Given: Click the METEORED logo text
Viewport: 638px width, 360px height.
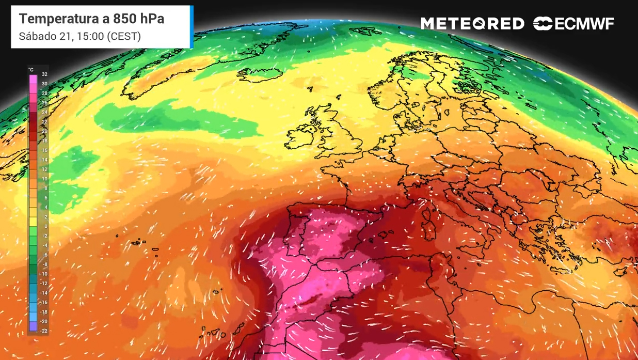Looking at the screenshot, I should [472, 24].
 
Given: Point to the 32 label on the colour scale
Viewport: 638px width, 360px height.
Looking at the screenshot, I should [44, 74].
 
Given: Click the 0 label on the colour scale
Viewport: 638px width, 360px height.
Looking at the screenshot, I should [45, 227].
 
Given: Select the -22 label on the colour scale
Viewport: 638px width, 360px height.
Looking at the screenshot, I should [44, 331].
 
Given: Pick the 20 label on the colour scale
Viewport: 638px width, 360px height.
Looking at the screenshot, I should [44, 131].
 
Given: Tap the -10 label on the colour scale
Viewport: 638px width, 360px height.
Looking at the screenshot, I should [44, 274].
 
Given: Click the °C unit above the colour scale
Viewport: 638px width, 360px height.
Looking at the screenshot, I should [31, 70].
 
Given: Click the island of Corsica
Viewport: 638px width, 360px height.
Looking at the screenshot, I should [427, 212].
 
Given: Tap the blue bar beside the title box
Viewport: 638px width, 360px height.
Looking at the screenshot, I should [192, 27].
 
